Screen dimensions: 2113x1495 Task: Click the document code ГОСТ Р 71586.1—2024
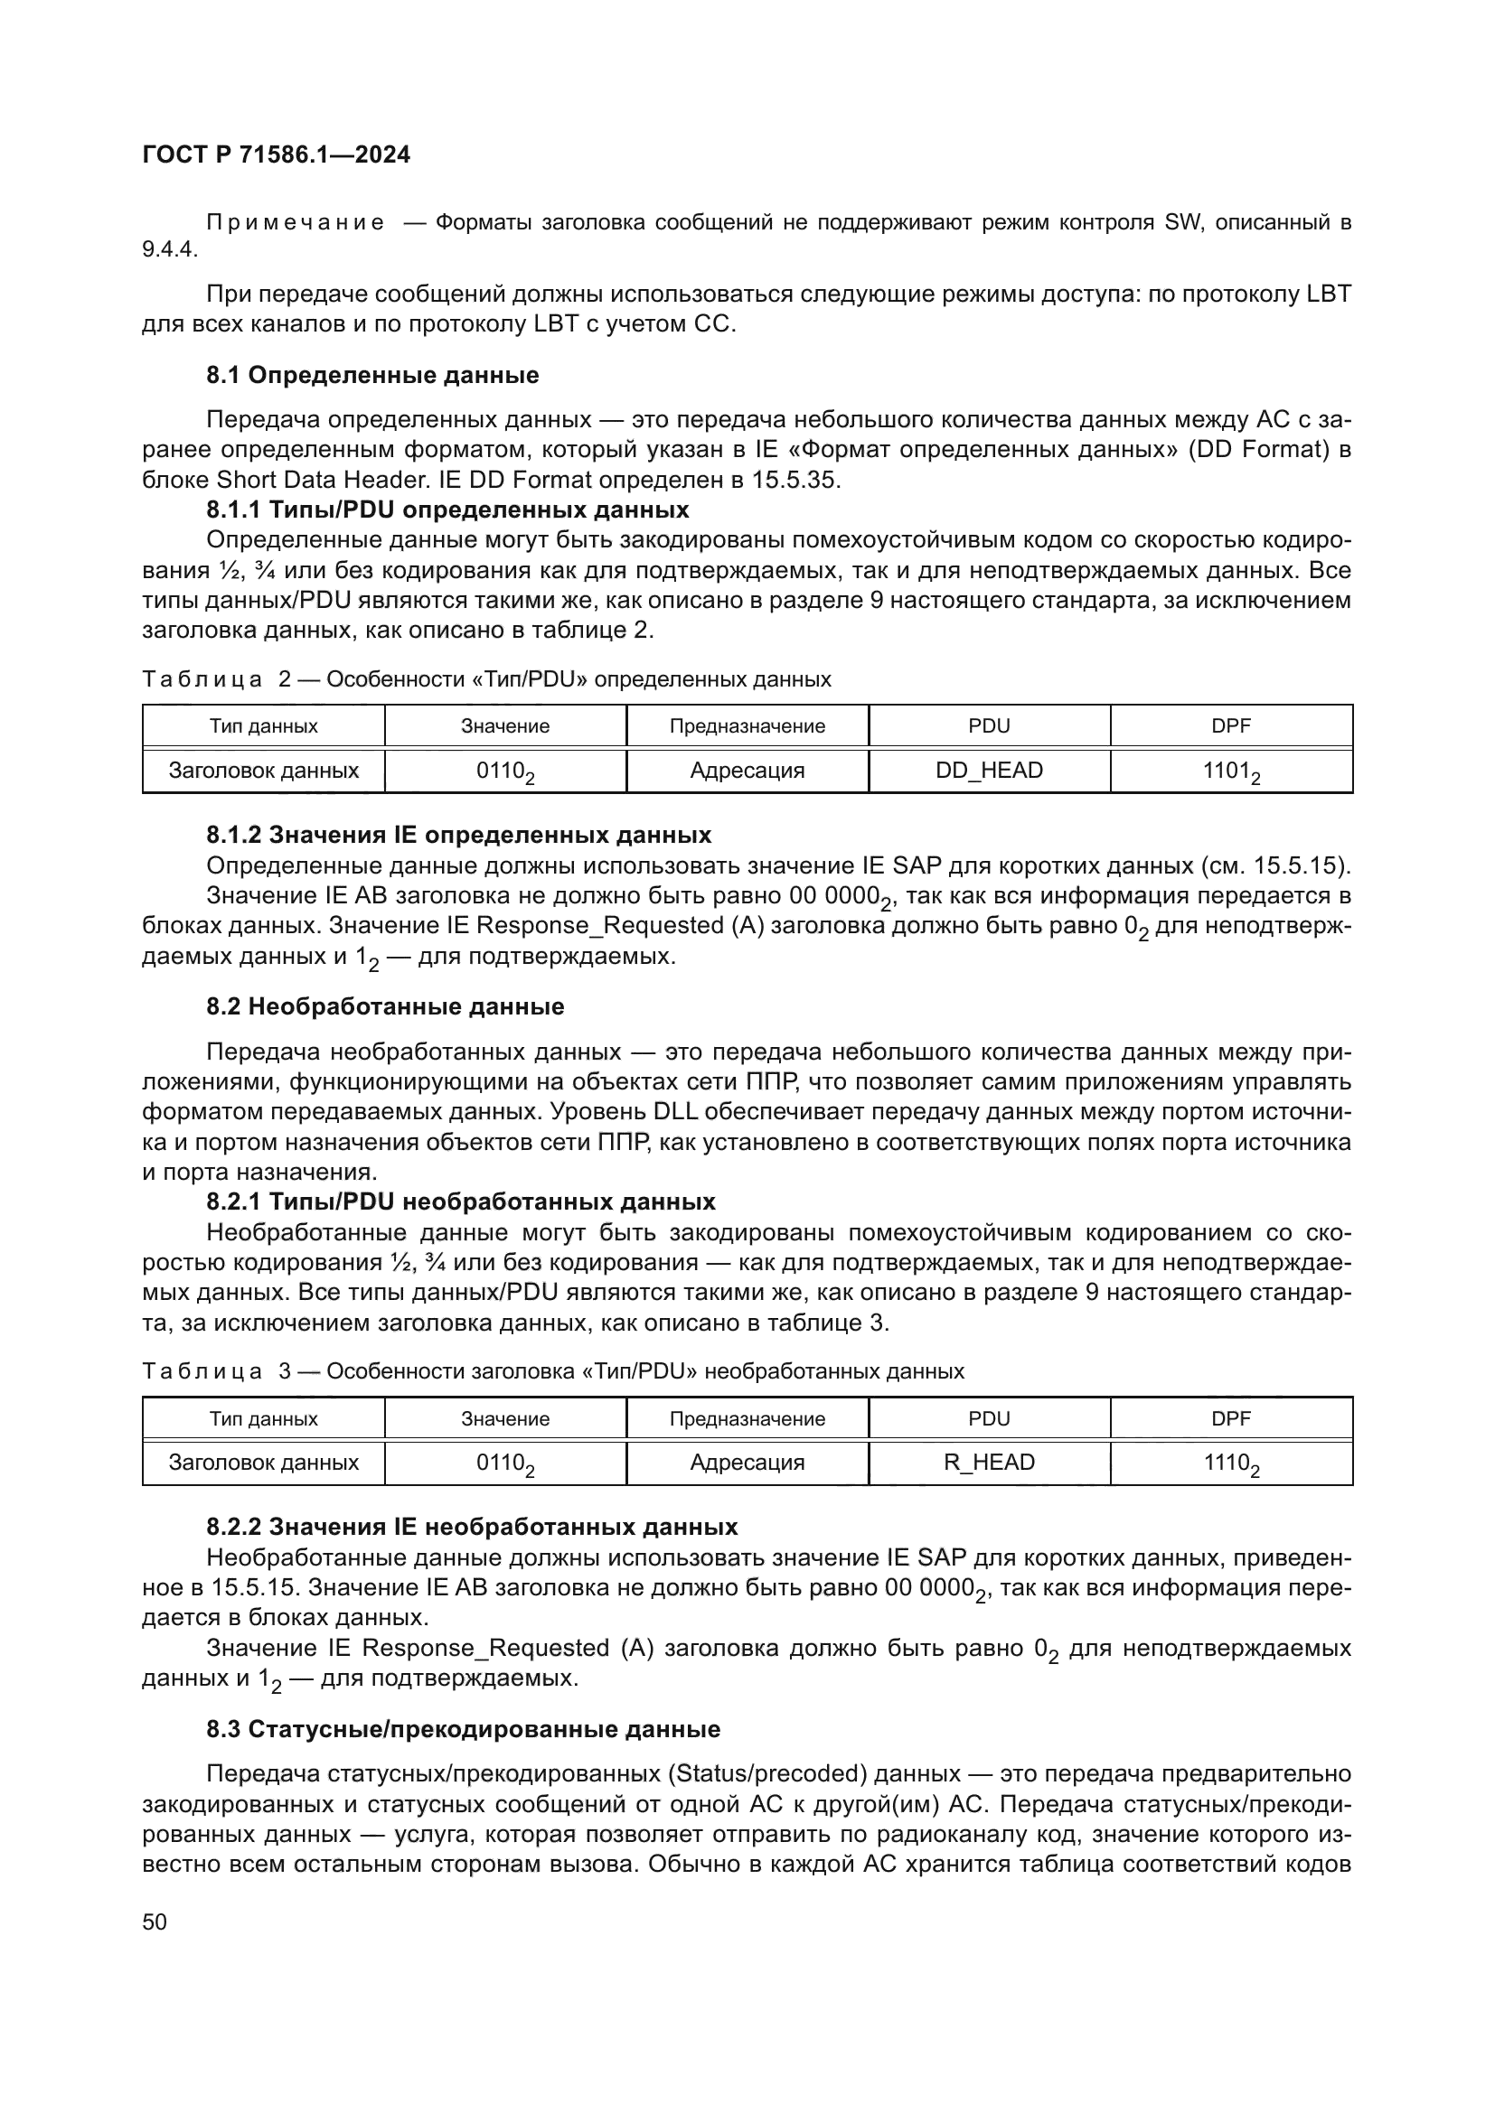point(277,154)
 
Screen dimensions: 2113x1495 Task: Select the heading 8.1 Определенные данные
point(371,376)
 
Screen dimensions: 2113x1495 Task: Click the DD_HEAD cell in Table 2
point(989,771)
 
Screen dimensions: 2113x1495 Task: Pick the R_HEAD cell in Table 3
point(989,1463)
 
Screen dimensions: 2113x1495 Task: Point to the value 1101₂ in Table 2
point(1231,771)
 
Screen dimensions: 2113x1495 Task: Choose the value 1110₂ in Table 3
point(1231,1463)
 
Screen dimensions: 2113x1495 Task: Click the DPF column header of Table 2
point(1231,726)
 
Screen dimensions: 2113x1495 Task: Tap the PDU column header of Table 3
point(989,1418)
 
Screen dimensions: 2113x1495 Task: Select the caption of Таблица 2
point(486,679)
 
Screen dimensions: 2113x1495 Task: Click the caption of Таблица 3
point(552,1371)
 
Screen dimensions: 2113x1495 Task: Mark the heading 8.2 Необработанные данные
point(385,1006)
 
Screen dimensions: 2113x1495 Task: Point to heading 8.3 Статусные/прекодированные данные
point(463,1729)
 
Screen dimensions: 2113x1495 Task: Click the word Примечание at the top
point(295,223)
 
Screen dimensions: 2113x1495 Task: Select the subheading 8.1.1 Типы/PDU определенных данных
point(447,510)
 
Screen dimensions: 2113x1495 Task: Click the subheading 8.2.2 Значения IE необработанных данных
point(471,1527)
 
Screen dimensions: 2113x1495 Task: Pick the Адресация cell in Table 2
point(747,771)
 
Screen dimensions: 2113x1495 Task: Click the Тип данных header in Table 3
point(263,1418)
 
